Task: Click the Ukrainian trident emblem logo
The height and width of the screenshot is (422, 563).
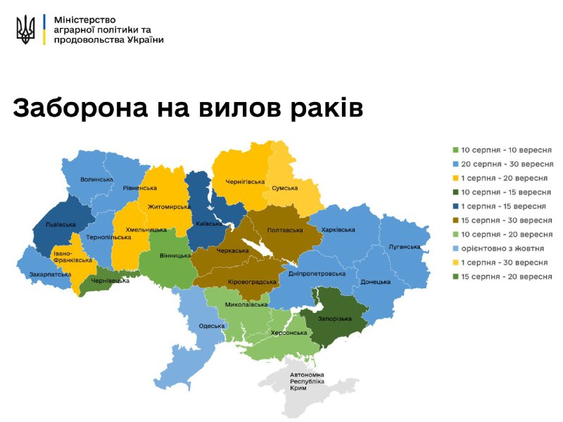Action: click(25, 30)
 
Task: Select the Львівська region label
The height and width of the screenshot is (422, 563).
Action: click(60, 224)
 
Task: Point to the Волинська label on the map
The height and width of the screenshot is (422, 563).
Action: click(96, 179)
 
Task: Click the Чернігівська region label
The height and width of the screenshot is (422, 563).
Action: click(244, 181)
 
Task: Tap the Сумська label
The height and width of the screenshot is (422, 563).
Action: click(284, 188)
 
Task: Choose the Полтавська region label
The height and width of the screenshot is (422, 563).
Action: click(285, 229)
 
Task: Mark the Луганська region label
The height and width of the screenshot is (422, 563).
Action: click(404, 247)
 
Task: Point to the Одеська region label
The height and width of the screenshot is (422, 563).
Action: click(212, 326)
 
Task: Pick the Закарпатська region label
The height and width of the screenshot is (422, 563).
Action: click(49, 274)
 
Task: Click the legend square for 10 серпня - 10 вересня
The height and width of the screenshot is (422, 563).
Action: click(455, 150)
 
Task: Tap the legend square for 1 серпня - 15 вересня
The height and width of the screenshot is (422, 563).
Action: click(455, 206)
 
